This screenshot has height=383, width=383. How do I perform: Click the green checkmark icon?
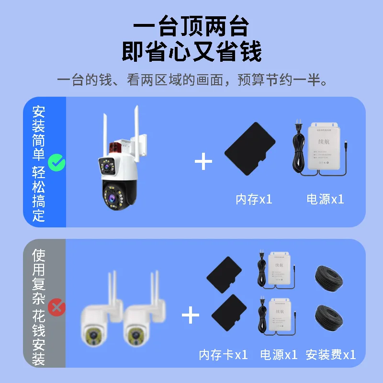(57, 164)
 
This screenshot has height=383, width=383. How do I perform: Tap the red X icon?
(57, 306)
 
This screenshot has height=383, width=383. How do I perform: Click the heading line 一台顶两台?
(191, 27)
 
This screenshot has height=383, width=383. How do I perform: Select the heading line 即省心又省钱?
(191, 52)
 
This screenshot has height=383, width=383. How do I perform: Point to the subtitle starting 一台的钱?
(191, 79)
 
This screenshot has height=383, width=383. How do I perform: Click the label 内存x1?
(254, 199)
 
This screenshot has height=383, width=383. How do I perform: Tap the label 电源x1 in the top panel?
(325, 199)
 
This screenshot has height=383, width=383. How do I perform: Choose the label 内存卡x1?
(223, 355)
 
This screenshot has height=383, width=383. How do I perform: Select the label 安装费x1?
(331, 355)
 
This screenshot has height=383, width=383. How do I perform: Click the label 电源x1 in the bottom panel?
(279, 355)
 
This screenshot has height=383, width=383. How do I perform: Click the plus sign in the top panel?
(203, 162)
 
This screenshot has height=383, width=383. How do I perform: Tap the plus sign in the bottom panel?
(191, 315)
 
